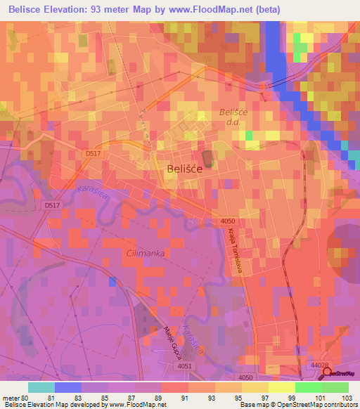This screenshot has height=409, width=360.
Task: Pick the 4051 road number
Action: coord(184,366)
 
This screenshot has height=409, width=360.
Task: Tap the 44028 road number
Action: coord(320,365)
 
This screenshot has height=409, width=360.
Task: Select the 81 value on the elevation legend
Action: coord(56,398)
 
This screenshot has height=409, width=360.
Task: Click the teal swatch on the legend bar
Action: coord(41,387)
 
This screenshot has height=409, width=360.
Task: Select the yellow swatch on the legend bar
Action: coord(281,387)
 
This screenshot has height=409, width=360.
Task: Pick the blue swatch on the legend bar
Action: coord(68,387)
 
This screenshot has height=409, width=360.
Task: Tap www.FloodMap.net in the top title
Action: coord(214,10)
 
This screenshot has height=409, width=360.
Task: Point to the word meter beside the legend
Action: coord(11,398)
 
